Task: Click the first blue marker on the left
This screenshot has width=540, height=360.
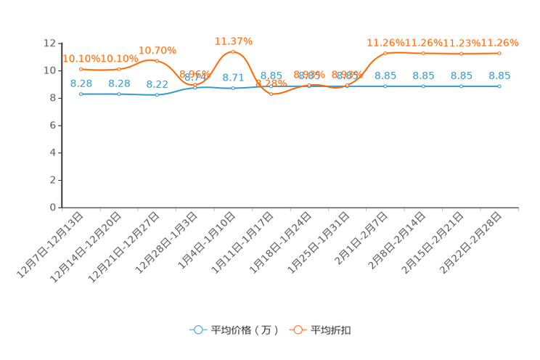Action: point(81,94)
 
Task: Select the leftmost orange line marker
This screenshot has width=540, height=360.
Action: point(81,69)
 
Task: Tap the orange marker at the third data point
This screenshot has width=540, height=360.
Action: point(157,61)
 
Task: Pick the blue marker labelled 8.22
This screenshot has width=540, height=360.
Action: point(157,95)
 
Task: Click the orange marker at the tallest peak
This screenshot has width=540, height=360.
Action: point(233,52)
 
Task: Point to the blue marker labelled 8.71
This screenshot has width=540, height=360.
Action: point(233,88)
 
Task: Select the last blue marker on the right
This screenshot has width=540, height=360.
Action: point(499,86)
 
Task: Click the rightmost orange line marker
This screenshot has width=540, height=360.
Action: point(499,53)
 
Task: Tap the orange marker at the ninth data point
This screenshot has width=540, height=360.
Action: point(385,53)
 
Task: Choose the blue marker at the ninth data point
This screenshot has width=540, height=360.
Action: point(385,86)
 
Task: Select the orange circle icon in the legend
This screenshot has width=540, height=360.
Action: point(298,330)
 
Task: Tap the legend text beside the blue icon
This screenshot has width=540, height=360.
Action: point(245,330)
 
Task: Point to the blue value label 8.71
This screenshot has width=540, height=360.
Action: point(233,77)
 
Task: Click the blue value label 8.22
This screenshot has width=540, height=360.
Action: point(157,83)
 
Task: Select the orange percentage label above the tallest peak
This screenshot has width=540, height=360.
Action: point(233,41)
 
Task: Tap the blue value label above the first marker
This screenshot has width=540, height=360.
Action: point(81,83)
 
